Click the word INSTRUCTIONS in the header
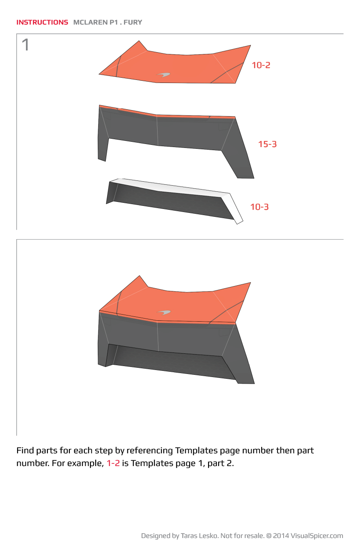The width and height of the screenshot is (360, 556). click(x=42, y=22)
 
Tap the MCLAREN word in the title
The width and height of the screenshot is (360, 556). click(x=90, y=22)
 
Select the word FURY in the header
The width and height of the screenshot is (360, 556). click(x=133, y=22)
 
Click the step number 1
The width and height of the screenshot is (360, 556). click(x=25, y=45)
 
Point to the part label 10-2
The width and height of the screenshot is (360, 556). click(x=261, y=65)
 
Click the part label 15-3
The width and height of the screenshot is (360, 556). click(x=267, y=144)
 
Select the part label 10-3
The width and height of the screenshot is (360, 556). click(x=259, y=207)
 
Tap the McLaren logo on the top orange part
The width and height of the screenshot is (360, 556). click(x=163, y=75)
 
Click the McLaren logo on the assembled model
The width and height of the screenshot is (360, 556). click(x=164, y=312)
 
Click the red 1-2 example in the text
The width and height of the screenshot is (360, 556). click(x=113, y=463)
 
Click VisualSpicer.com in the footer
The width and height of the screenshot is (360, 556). click(x=317, y=536)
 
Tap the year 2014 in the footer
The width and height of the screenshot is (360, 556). click(x=281, y=536)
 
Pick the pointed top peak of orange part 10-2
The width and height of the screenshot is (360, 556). click(x=139, y=41)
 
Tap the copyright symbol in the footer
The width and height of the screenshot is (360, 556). click(x=269, y=536)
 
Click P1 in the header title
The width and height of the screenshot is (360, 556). click(x=114, y=22)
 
